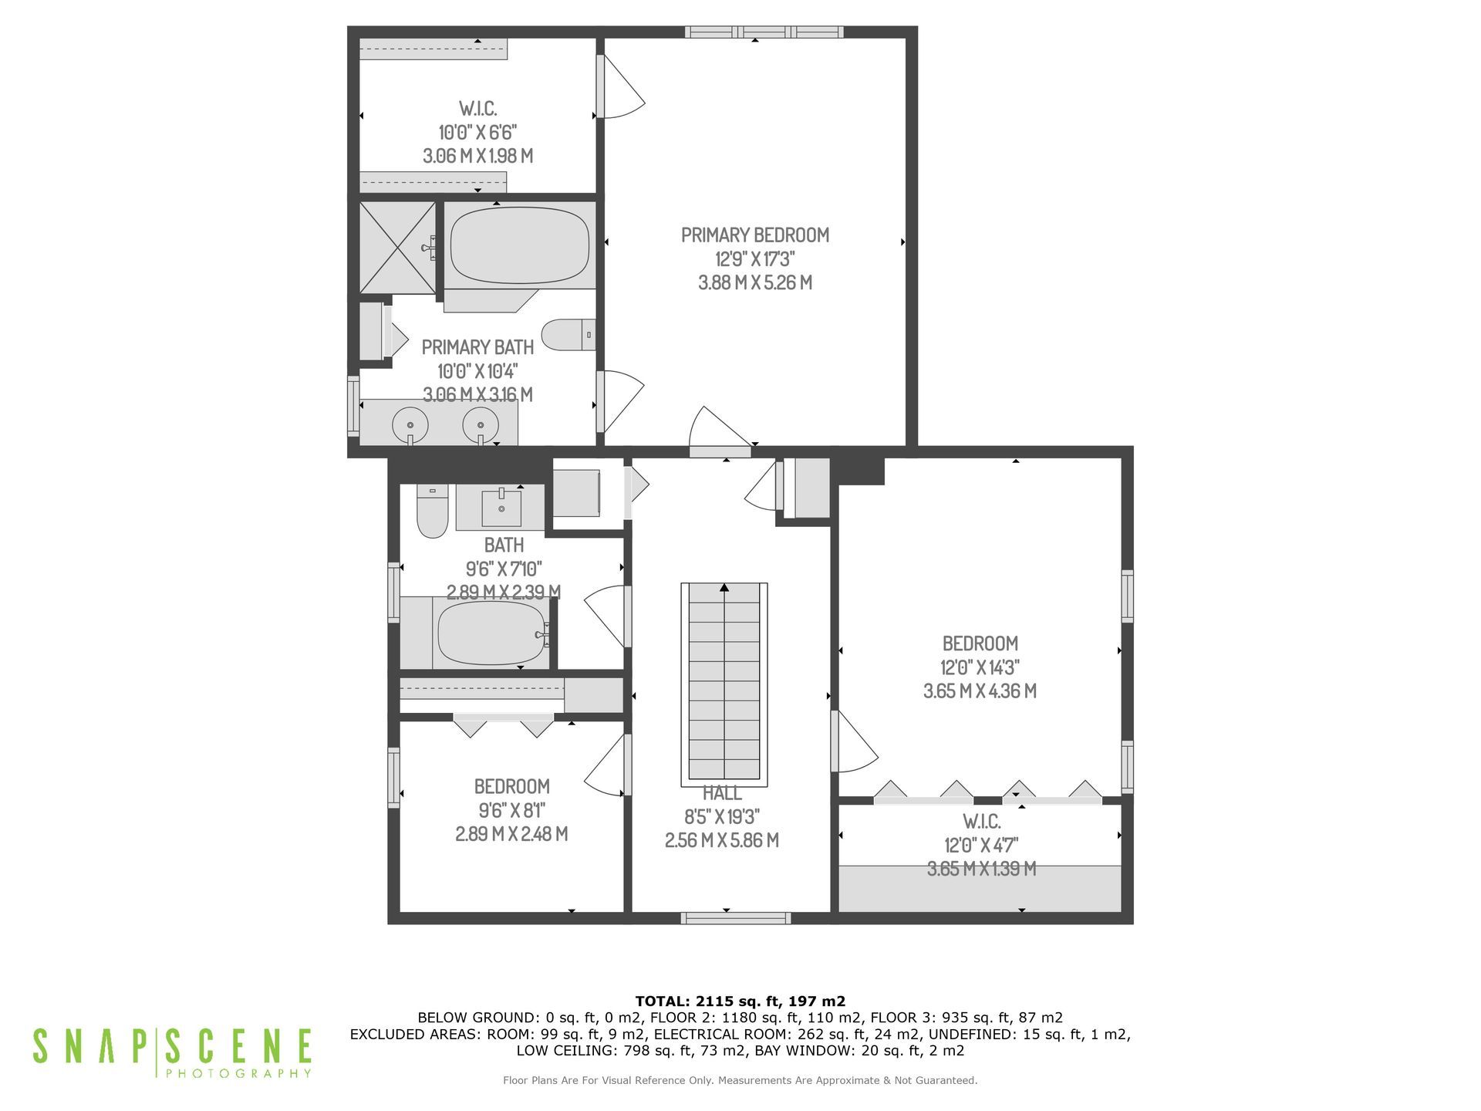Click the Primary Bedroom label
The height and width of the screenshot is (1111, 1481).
tap(755, 235)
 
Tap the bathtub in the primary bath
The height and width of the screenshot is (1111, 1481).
tap(520, 245)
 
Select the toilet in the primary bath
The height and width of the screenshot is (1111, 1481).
tap(568, 335)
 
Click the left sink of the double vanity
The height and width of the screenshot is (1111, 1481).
tap(410, 424)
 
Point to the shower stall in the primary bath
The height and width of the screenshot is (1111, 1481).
tap(398, 248)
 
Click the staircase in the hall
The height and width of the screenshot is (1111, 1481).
tap(724, 684)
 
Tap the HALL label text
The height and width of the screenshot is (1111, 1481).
tap(723, 793)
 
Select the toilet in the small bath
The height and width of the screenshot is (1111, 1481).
tap(433, 511)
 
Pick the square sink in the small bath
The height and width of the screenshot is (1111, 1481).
tap(501, 508)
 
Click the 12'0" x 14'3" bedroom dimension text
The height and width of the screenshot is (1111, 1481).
tap(980, 667)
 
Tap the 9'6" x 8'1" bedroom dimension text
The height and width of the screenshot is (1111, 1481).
tap(512, 810)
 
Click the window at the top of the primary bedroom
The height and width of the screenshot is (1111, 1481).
tap(764, 32)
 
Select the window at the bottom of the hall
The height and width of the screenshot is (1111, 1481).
tap(736, 918)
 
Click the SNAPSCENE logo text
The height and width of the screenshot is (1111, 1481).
tap(172, 1047)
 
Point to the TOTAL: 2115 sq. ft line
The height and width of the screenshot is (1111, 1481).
tap(740, 1001)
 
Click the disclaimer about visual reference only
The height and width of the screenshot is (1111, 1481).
tap(740, 1080)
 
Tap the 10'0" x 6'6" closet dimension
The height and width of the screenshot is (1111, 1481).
tap(477, 132)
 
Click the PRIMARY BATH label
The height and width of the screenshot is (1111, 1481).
tap(477, 347)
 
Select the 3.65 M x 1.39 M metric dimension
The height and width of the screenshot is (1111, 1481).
tap(981, 869)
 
